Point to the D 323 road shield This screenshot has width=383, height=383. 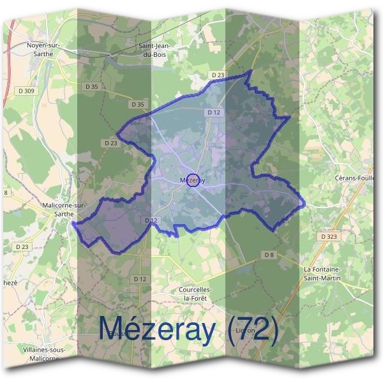tap(329, 236)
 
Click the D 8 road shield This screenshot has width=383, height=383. tap(269, 255)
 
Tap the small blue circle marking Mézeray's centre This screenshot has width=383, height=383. tap(195, 181)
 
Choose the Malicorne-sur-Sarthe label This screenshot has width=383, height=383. tap(63, 211)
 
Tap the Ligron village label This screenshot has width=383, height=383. tap(245, 331)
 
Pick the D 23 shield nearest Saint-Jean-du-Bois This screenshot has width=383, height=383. tap(218, 75)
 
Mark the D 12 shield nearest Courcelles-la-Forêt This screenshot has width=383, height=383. tap(140, 280)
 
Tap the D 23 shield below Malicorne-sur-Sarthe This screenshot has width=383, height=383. tap(22, 246)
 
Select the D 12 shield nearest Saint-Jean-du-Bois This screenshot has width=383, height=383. tap(213, 112)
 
